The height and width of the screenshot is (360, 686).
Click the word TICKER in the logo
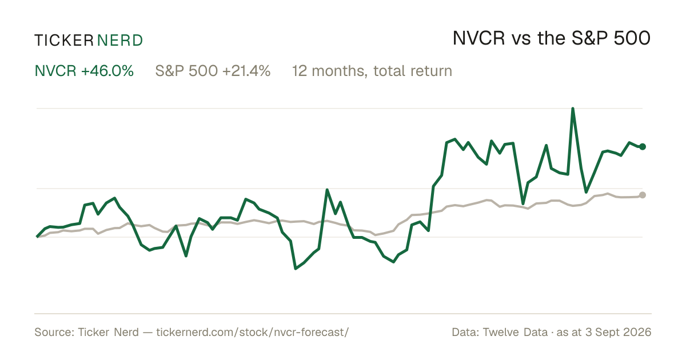tap(64, 41)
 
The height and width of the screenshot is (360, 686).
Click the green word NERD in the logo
tap(120, 41)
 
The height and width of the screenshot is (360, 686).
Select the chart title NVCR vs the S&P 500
tap(552, 38)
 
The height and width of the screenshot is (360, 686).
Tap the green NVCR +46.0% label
tap(84, 71)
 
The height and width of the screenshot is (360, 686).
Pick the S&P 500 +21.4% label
tap(213, 71)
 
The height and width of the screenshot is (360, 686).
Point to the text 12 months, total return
tap(372, 71)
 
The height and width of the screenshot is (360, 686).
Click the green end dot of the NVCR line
tap(643, 147)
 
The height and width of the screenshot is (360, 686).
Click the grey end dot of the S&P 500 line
tap(643, 195)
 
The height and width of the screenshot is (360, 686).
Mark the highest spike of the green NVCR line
tap(573, 109)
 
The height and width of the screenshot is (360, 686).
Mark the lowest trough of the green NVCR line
tap(296, 269)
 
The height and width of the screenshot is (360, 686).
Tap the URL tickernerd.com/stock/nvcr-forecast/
tap(252, 332)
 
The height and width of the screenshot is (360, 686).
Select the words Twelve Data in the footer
tap(515, 332)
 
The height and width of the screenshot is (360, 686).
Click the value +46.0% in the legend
tap(107, 71)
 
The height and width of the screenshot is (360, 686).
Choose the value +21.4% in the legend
tap(246, 71)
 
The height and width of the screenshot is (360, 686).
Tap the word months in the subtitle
tap(340, 71)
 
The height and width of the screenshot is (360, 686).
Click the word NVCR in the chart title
tap(478, 38)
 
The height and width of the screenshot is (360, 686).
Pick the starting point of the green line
tap(37, 237)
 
